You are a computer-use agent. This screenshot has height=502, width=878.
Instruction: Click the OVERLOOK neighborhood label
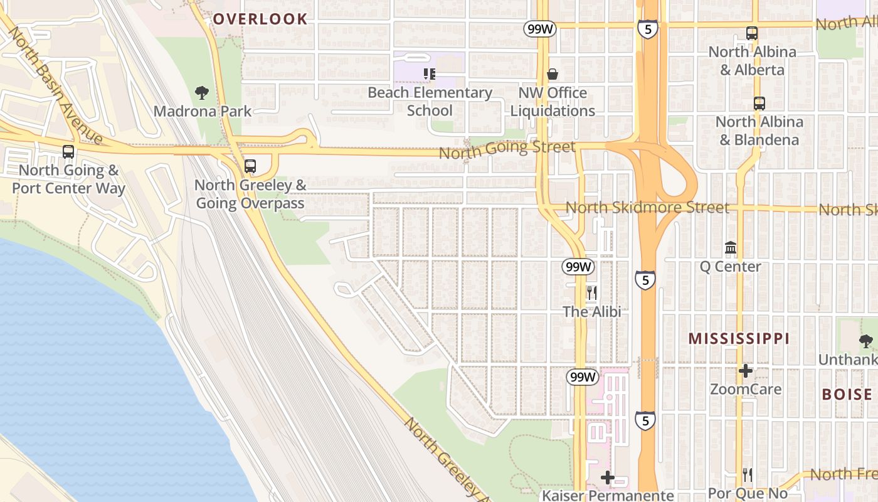click(x=260, y=19)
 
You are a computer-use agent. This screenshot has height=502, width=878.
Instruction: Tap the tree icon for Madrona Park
click(x=202, y=93)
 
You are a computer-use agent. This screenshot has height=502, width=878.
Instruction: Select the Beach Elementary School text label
click(x=430, y=102)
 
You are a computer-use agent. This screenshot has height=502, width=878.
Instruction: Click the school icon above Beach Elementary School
click(x=430, y=75)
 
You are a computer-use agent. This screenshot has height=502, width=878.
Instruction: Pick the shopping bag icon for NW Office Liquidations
click(x=553, y=75)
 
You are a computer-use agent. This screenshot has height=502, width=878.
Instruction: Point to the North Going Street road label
click(x=507, y=149)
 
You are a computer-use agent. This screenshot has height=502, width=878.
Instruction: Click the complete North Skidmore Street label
click(x=647, y=207)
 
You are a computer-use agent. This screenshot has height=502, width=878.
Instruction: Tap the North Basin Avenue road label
click(x=55, y=85)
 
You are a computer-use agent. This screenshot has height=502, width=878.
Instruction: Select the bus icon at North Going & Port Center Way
click(x=68, y=152)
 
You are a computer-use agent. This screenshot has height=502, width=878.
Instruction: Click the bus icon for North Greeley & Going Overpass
click(x=250, y=166)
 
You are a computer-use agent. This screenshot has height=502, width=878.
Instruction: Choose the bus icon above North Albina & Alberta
click(x=751, y=34)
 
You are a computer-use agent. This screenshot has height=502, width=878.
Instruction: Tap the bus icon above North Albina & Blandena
click(x=759, y=104)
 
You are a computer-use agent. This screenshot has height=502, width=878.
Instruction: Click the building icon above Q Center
click(x=731, y=248)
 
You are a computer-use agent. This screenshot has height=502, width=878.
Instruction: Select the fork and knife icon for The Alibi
click(x=591, y=293)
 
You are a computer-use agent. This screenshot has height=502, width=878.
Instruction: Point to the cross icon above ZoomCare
click(x=746, y=371)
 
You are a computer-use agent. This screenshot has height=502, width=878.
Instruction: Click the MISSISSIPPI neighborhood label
click(x=739, y=339)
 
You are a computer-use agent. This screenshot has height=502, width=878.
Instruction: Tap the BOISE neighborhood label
click(x=847, y=395)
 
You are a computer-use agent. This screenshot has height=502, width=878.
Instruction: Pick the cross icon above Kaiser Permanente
click(x=607, y=478)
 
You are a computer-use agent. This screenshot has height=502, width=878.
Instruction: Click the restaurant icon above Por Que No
click(x=747, y=474)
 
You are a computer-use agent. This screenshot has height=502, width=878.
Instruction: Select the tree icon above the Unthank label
click(x=866, y=341)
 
